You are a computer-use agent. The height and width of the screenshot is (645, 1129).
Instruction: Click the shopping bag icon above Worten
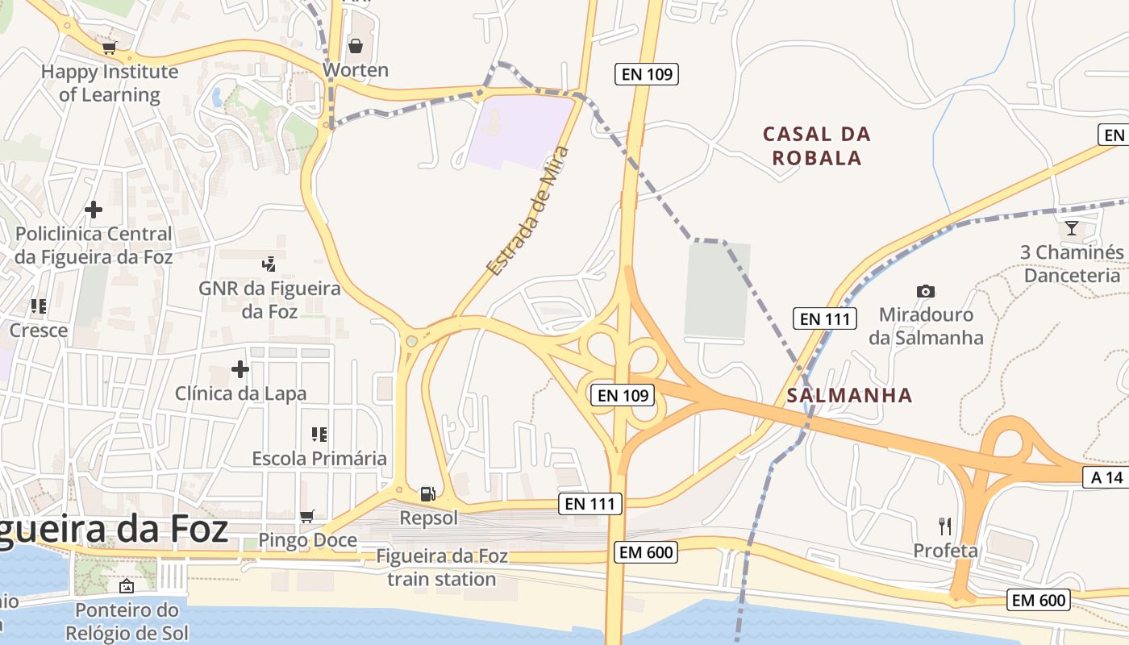point(355,45)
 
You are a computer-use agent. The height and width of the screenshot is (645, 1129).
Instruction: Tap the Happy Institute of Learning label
point(110,83)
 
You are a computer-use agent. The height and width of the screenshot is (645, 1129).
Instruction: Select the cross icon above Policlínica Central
point(94,210)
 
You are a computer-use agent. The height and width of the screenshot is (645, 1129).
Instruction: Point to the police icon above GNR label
point(269,264)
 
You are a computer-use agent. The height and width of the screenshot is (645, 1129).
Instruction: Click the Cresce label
point(39,330)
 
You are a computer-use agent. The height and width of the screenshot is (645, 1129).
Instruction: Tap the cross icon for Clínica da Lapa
point(240,369)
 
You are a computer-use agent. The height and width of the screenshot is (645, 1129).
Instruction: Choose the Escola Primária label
point(319,458)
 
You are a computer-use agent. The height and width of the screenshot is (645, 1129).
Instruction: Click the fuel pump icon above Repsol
point(427,493)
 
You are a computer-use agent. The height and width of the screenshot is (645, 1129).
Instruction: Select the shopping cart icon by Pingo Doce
point(306,516)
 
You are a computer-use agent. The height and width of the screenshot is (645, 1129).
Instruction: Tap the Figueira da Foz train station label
point(442,568)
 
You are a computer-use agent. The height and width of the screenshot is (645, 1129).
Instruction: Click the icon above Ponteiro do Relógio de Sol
point(126,585)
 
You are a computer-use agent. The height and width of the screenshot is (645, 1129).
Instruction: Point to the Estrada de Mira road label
point(528,211)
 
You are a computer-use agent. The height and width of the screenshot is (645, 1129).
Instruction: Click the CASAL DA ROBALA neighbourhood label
point(817,145)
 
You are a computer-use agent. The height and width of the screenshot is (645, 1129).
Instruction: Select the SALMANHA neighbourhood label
point(849,395)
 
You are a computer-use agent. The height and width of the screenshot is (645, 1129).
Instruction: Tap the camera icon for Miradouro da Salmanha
point(925,291)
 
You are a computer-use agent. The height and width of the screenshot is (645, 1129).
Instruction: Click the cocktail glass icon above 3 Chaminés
point(1071,228)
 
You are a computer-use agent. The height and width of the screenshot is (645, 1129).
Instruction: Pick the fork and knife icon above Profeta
point(945,526)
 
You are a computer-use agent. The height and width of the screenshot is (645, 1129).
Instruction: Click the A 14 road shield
point(1106,477)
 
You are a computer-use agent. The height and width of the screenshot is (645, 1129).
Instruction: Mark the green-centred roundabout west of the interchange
point(412,341)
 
